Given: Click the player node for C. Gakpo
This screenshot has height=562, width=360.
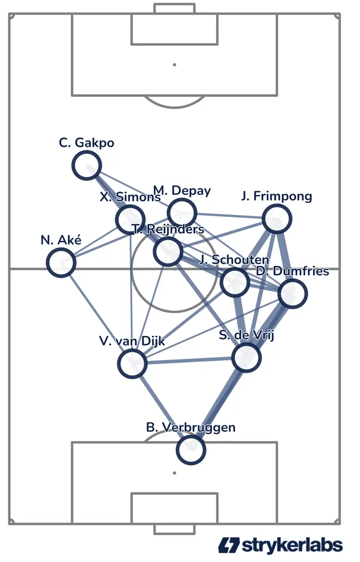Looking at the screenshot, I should (86, 166).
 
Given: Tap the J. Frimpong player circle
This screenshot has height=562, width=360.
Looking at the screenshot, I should (277, 219).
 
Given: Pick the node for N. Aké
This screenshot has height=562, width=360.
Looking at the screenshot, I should (61, 262).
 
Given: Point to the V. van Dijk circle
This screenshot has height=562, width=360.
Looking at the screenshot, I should (132, 364).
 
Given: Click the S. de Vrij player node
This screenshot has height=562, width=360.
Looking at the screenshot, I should (246, 357).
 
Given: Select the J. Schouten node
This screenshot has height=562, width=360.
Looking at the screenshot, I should (235, 282).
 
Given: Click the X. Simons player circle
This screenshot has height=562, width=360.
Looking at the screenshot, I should (131, 220).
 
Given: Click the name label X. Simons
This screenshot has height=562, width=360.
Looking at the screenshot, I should (131, 196).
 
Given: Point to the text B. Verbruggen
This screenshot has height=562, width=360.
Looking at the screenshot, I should (190, 427).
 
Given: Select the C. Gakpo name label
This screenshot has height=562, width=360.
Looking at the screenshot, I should (86, 142).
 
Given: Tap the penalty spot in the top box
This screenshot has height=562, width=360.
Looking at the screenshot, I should (174, 65).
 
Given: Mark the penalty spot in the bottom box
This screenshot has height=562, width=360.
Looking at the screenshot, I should (174, 473).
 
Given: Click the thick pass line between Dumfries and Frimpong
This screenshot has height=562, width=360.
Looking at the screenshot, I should (285, 256).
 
